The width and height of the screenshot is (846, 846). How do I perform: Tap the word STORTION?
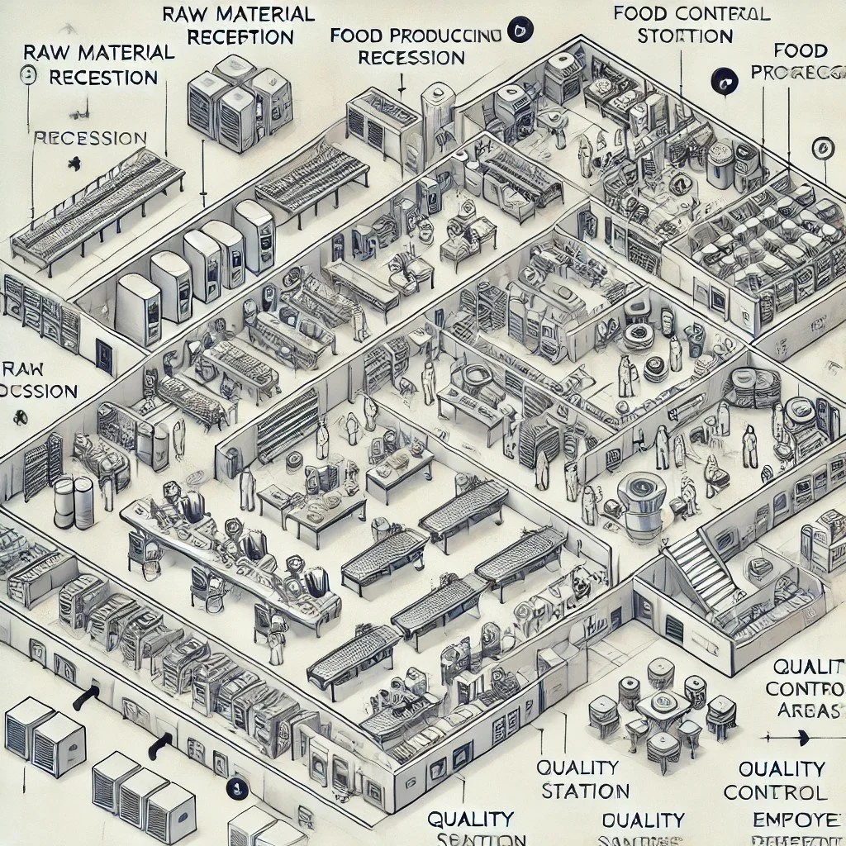tap(685, 37)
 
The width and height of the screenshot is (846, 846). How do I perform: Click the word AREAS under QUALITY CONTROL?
tap(806, 711)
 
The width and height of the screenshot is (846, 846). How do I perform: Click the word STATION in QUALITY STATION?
tap(586, 790)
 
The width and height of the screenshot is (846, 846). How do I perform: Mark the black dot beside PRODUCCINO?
tap(517, 31)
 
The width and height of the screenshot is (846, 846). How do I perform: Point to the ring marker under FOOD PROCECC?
tap(822, 148)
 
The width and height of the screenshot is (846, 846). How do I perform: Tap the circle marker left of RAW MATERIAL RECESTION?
tap(28, 76)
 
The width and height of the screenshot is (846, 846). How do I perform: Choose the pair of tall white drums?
tap(74, 501)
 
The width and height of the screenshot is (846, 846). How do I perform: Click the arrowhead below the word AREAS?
tap(767, 734)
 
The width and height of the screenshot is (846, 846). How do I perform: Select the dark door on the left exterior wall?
tap(104, 355)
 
